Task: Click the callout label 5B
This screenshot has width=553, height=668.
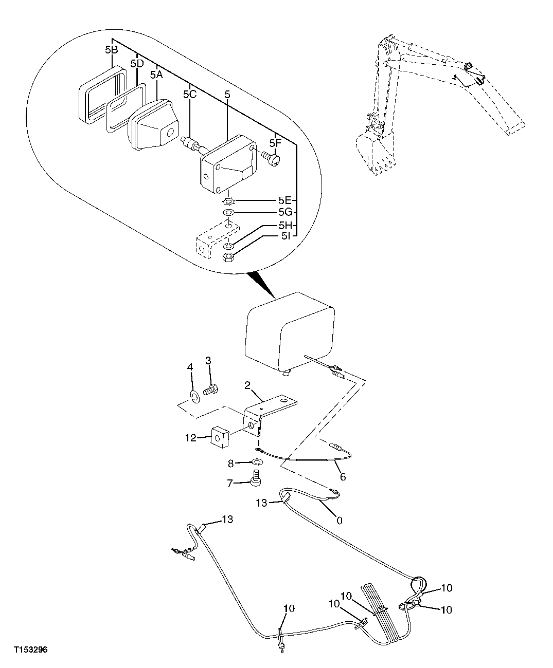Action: pyautogui.click(x=111, y=50)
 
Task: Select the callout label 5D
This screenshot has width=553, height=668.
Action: pyautogui.click(x=137, y=64)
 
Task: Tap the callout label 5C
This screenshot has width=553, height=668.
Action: pyautogui.click(x=190, y=95)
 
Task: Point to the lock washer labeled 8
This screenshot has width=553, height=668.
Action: pyautogui.click(x=258, y=462)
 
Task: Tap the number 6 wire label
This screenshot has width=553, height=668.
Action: pyautogui.click(x=343, y=477)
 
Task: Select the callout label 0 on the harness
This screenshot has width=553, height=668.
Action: pyautogui.click(x=338, y=520)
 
